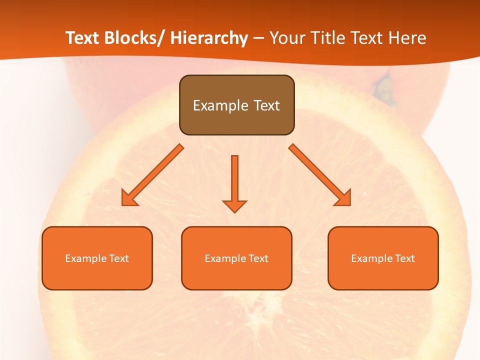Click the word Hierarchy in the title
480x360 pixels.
(209, 38)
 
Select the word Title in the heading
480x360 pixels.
(324, 38)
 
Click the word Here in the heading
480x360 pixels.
(407, 38)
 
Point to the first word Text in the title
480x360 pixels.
(83, 38)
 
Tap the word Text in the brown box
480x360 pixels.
(266, 105)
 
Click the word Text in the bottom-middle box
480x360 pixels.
(258, 258)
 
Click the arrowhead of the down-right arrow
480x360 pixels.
(342, 198)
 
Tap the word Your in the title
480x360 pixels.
(286, 38)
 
